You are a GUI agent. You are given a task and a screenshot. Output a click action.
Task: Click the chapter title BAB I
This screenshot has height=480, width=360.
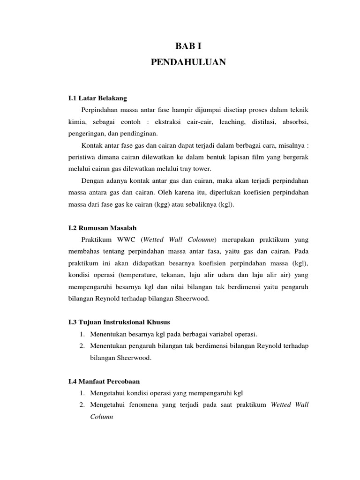[x=188, y=45]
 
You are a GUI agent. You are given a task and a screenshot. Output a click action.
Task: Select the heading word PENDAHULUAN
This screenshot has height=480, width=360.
[x=188, y=62]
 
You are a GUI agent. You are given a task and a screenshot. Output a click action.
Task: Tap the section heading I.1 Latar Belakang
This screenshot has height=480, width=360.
[x=97, y=98]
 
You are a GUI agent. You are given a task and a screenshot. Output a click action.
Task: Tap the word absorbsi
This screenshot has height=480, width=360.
[x=297, y=121]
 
